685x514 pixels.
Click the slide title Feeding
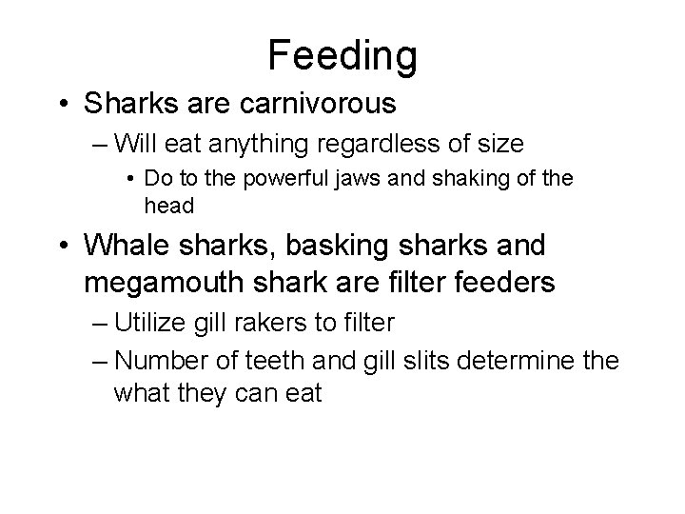point(342,54)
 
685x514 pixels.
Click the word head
point(167,206)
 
